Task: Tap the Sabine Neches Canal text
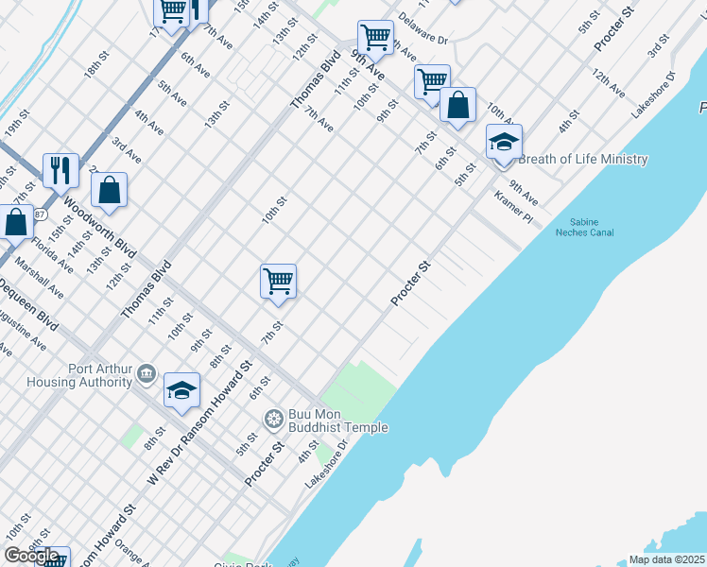coord(584,228)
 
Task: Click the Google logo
coord(32,556)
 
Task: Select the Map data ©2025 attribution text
coord(666,559)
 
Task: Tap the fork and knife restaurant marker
coord(60,170)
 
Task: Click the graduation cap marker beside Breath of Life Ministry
coord(504,142)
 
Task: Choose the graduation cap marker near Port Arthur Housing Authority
coord(181,390)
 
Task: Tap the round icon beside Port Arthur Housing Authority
coord(146,374)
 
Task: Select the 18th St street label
coord(96,69)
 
